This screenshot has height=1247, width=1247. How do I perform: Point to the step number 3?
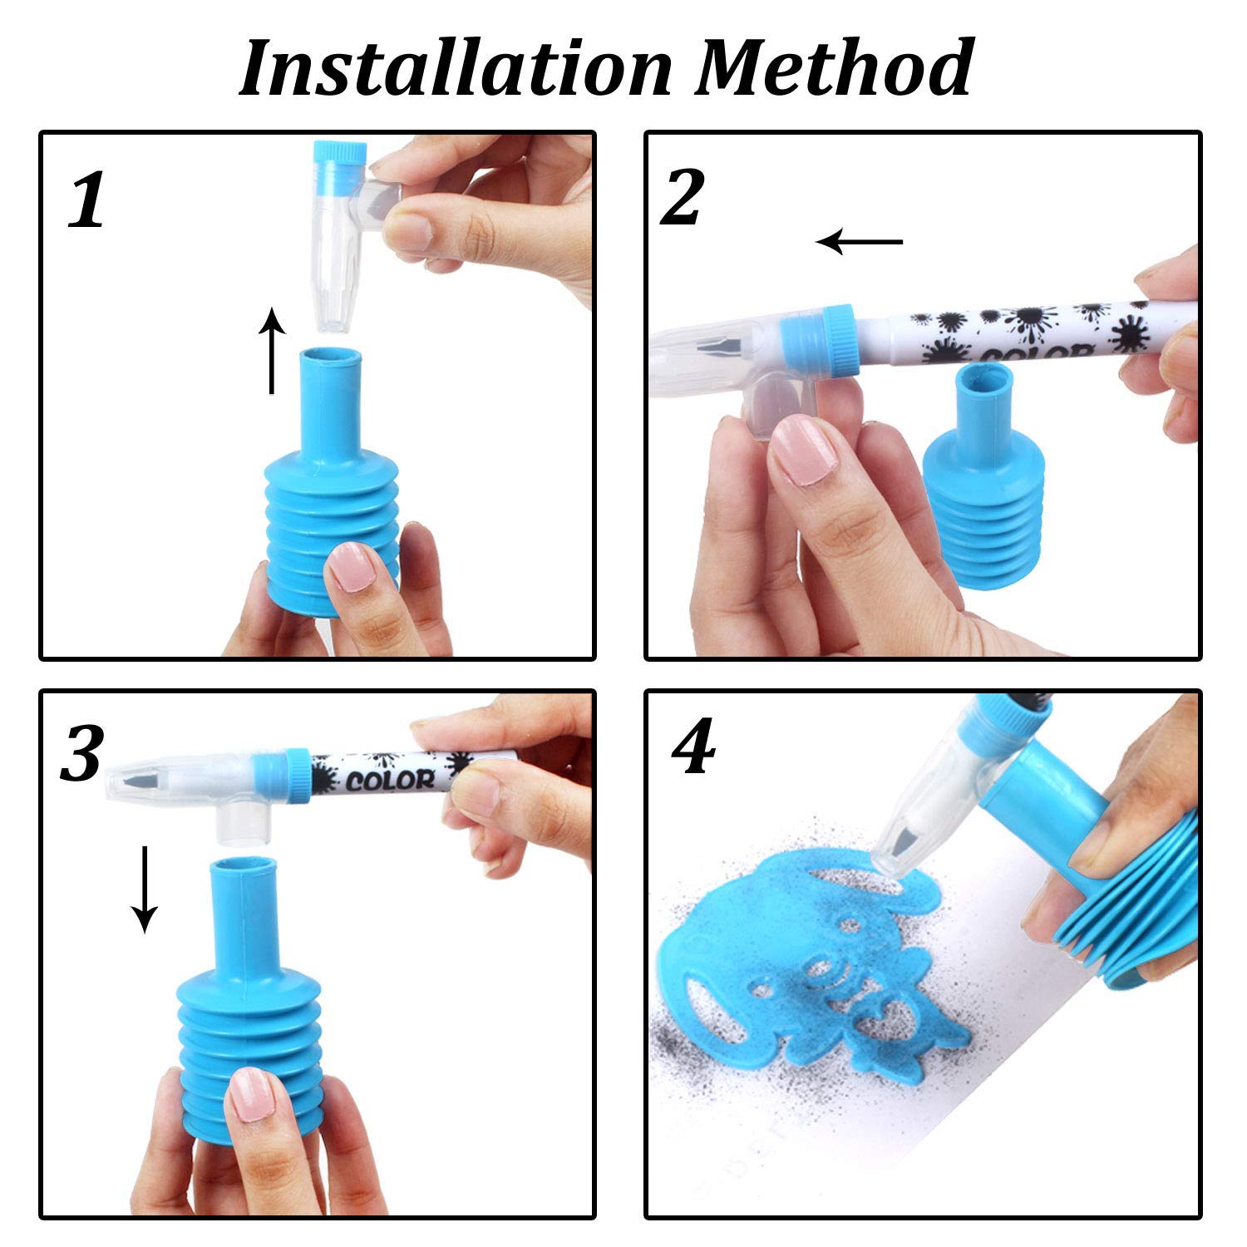tap(81, 752)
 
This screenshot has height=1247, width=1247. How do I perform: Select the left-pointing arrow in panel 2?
tap(860, 242)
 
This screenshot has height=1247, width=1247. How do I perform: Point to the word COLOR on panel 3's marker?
tap(390, 780)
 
